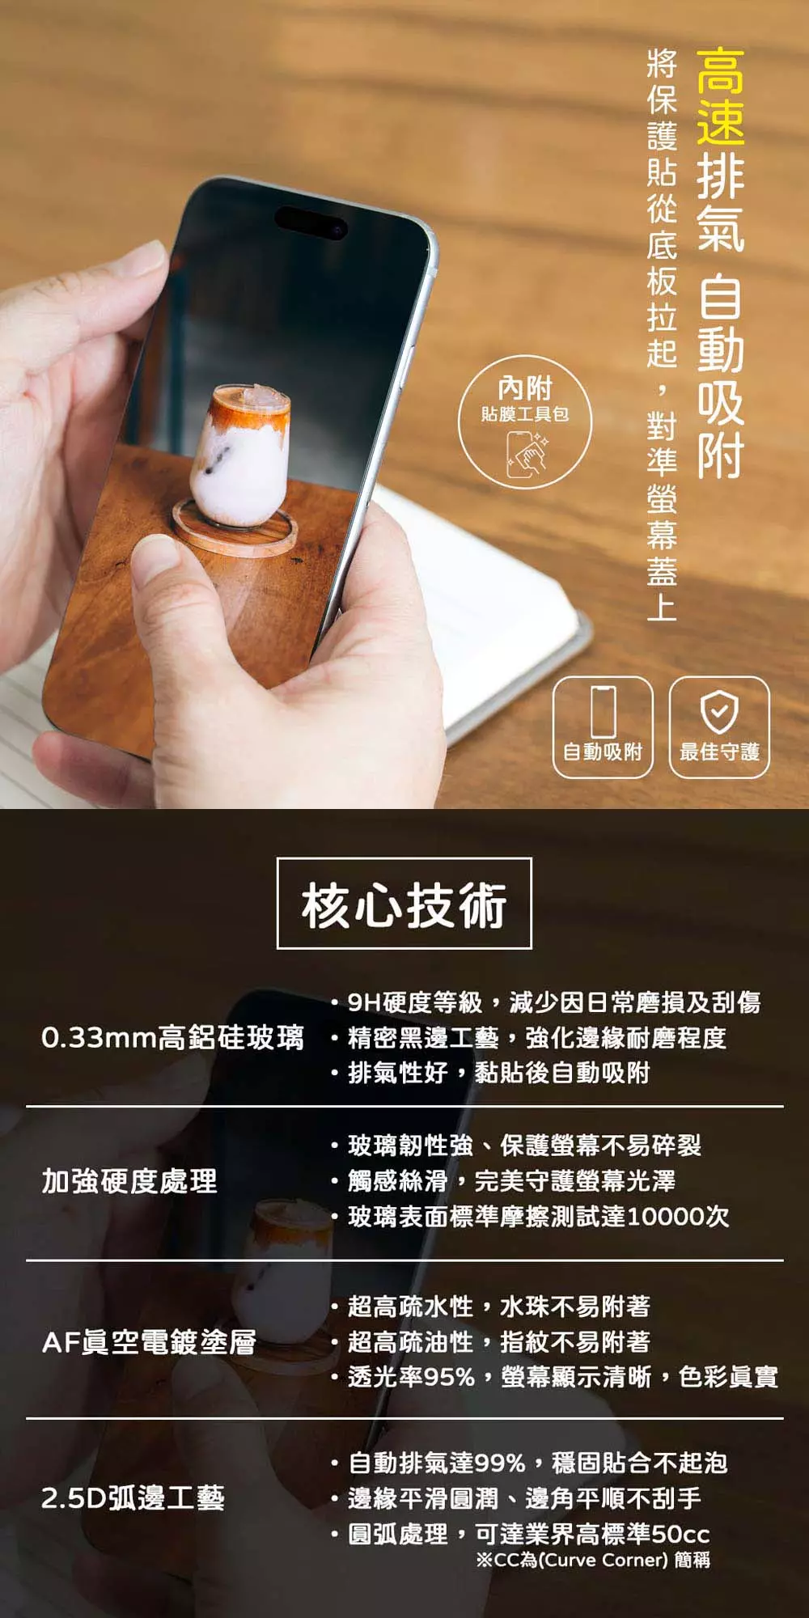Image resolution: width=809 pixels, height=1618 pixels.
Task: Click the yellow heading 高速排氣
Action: point(720,149)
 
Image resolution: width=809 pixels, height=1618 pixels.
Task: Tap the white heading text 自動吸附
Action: point(720,376)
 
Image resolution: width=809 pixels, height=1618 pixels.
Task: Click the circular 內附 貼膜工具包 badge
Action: point(525,421)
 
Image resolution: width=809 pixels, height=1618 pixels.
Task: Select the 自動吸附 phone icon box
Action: point(603,727)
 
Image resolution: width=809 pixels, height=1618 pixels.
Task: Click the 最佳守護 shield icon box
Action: point(719,727)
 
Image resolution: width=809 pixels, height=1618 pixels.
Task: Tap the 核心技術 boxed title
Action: point(404,903)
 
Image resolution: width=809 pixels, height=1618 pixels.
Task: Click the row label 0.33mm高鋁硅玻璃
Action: point(173,1037)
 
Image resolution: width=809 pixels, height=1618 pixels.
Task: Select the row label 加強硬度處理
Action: point(129,1181)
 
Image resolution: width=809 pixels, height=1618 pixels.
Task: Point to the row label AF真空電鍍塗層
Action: point(149,1342)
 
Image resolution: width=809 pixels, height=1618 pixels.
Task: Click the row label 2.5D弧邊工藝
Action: point(133,1497)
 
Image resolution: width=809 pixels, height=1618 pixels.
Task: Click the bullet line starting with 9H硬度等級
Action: point(547,1002)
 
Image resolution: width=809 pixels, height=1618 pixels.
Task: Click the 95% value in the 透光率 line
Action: point(449,1376)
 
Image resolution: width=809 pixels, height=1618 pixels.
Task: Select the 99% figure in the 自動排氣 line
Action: point(501,1463)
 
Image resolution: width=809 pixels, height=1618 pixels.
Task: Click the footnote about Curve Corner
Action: point(593,1559)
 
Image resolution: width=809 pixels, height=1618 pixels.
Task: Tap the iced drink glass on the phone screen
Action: point(240,455)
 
